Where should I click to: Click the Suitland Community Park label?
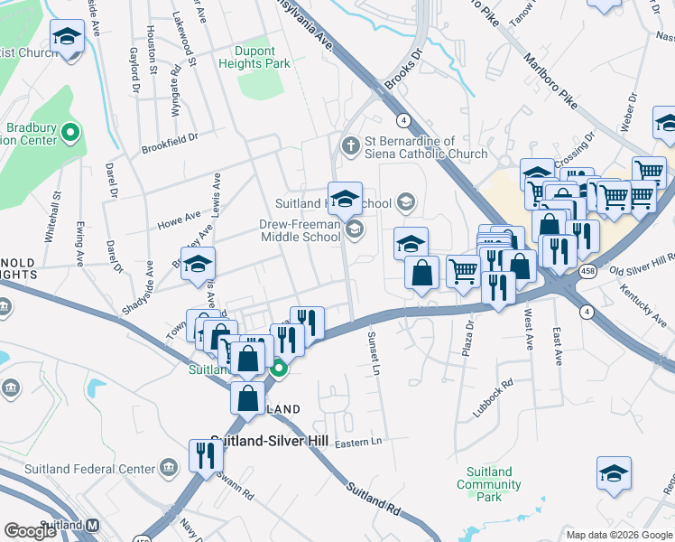(489, 484)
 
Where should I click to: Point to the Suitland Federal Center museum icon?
(168, 468)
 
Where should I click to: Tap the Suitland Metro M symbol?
(92, 525)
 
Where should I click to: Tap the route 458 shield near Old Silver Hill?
(588, 271)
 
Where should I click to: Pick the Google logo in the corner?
(31, 531)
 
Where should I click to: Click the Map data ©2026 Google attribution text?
(618, 535)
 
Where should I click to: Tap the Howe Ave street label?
(179, 218)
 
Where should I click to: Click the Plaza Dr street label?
(468, 338)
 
